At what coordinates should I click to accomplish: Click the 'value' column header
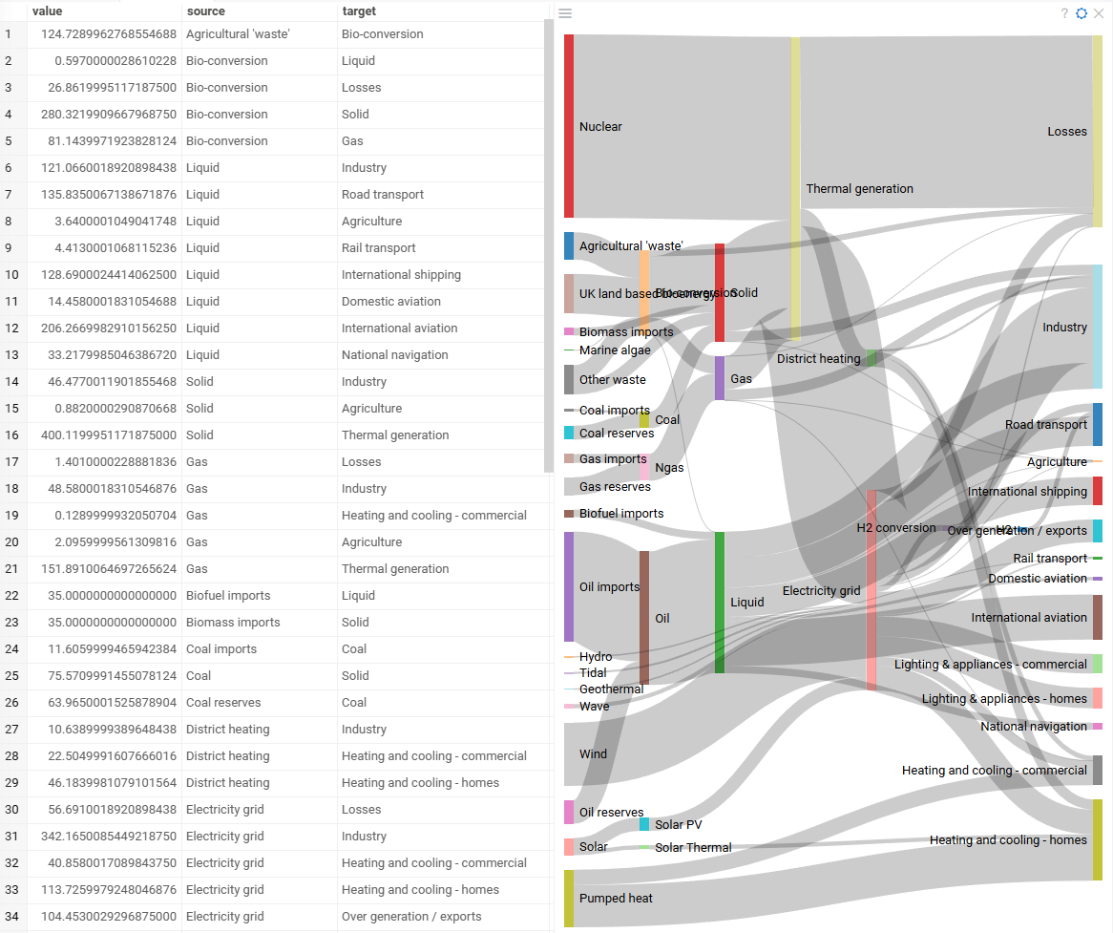point(47,11)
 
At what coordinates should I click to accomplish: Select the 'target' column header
point(359,11)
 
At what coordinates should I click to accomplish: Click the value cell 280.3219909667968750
point(102,115)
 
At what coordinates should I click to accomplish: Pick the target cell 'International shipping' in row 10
point(401,275)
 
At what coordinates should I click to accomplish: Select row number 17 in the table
point(9,462)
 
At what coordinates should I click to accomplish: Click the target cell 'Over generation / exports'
point(411,917)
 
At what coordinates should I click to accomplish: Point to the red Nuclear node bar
point(569,126)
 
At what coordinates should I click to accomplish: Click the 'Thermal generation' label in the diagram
point(859,189)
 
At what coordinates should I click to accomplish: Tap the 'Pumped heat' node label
point(616,899)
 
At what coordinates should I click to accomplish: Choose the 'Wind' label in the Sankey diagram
point(593,754)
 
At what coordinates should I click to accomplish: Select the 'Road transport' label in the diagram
point(1045,425)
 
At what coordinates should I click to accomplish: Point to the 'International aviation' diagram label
point(1029,618)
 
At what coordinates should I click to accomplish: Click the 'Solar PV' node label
point(678,825)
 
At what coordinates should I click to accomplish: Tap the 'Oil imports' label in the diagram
point(609,587)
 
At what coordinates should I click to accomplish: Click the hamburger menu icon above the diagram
point(565,13)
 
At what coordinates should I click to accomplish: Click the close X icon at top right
point(1099,13)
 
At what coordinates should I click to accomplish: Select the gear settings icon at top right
point(1081,13)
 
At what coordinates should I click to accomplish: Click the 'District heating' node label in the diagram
point(818,359)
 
